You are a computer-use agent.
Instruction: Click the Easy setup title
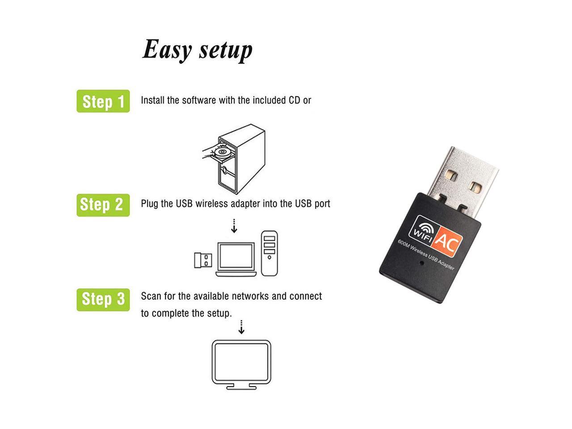tap(197, 50)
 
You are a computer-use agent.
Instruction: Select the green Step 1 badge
tap(103, 101)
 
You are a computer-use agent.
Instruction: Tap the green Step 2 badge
tap(103, 205)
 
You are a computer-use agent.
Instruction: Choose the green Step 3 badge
tap(103, 299)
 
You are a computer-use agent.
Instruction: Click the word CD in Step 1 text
tap(294, 101)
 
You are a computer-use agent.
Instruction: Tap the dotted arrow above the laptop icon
tap(234, 226)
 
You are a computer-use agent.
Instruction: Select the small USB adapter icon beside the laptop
tap(203, 260)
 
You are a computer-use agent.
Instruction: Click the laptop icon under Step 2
tap(236, 259)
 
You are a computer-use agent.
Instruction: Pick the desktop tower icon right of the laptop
tap(269, 253)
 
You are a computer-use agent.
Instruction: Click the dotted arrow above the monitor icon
tap(241, 327)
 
